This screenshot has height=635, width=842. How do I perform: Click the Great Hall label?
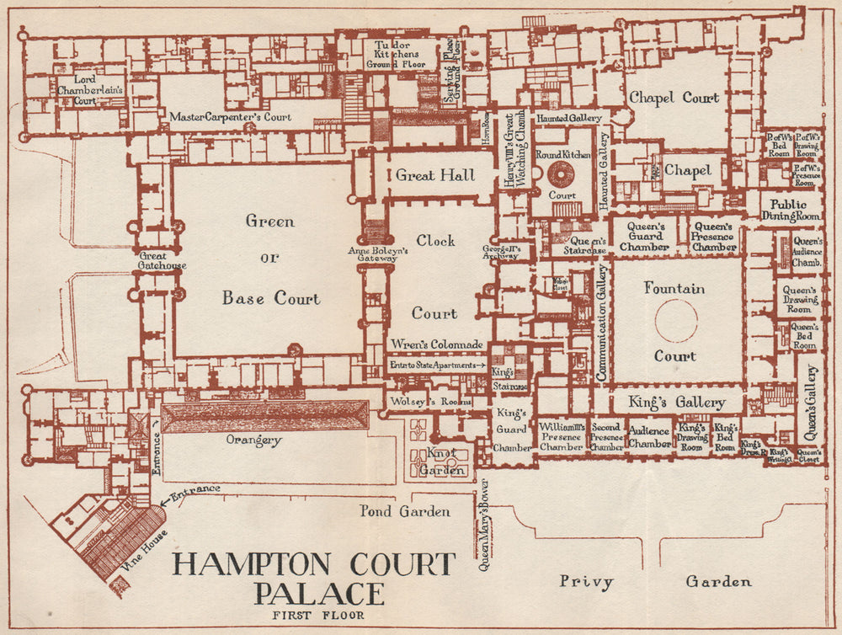[x=435, y=176]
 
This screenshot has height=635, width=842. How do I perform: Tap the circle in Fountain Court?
[x=676, y=322]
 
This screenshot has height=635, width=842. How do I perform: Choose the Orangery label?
[x=253, y=440]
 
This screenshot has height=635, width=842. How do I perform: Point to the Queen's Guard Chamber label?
[x=646, y=237]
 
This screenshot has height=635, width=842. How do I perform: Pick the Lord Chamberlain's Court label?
[x=90, y=89]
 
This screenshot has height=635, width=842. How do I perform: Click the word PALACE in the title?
[x=319, y=593]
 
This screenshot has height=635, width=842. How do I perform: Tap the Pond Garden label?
[x=405, y=511]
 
